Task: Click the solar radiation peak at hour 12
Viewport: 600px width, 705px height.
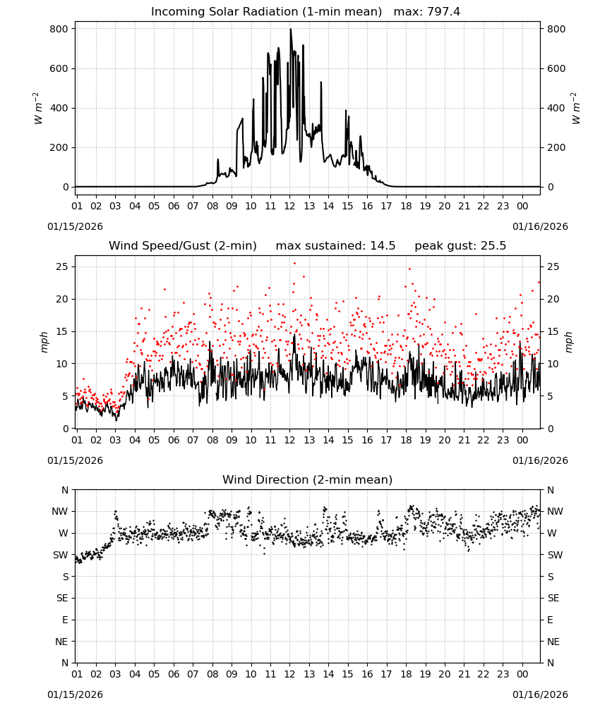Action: pos(290,29)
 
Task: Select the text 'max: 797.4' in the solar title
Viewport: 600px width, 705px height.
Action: pos(427,12)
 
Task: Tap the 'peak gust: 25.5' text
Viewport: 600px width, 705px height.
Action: pos(460,246)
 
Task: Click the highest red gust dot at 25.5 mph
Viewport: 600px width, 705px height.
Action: pos(295,264)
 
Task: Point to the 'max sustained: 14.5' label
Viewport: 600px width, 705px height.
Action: pos(335,246)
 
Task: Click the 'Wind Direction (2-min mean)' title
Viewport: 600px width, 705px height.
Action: pos(308,479)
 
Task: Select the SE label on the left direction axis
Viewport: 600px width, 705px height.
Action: pos(62,598)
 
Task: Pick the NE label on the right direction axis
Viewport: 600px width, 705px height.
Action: pos(553,642)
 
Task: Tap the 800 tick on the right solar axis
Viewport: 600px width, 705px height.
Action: pos(556,29)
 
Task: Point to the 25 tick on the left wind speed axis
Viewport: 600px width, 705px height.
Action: pos(61,267)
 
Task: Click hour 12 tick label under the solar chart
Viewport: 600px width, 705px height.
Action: pos(289,207)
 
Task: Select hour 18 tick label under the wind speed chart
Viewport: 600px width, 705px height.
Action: pos(406,440)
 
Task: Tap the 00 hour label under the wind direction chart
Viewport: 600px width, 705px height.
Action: pos(522,674)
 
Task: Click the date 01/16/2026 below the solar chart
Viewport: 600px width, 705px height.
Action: pos(540,226)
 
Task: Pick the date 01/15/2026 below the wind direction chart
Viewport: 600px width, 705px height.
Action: pos(75,694)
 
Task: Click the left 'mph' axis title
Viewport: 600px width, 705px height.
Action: pos(44,342)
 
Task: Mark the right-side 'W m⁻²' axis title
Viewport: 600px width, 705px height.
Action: pos(576,109)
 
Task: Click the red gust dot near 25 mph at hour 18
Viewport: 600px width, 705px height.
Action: pos(409,269)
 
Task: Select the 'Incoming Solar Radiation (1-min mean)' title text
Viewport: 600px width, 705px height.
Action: pos(266,12)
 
